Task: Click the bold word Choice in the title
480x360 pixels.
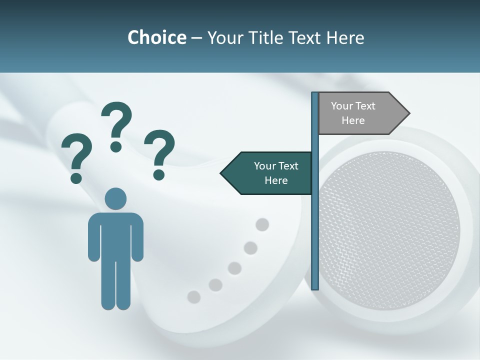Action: tap(156, 37)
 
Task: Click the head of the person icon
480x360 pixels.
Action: tap(115, 198)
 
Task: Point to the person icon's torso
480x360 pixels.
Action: tap(115, 235)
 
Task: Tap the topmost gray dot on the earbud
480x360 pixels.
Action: tap(262, 225)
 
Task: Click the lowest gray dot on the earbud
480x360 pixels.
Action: tap(193, 297)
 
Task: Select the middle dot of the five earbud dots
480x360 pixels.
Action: tap(234, 268)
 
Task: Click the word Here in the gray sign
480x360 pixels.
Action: tap(353, 120)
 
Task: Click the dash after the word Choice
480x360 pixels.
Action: tap(196, 38)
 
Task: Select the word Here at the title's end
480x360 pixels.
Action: tap(345, 37)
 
